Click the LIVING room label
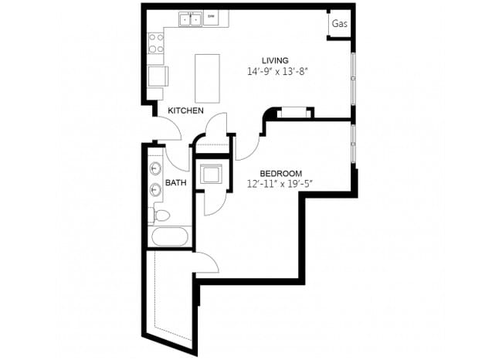click(275, 60)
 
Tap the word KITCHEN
click(186, 111)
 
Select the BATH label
click(176, 183)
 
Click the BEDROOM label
click(280, 173)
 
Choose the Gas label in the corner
click(339, 25)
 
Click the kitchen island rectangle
click(206, 77)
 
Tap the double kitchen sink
click(192, 19)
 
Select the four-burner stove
click(156, 43)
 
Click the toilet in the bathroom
click(161, 214)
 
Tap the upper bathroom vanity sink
click(156, 168)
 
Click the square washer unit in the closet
click(211, 175)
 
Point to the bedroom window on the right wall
click(354, 144)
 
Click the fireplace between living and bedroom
click(292, 114)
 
